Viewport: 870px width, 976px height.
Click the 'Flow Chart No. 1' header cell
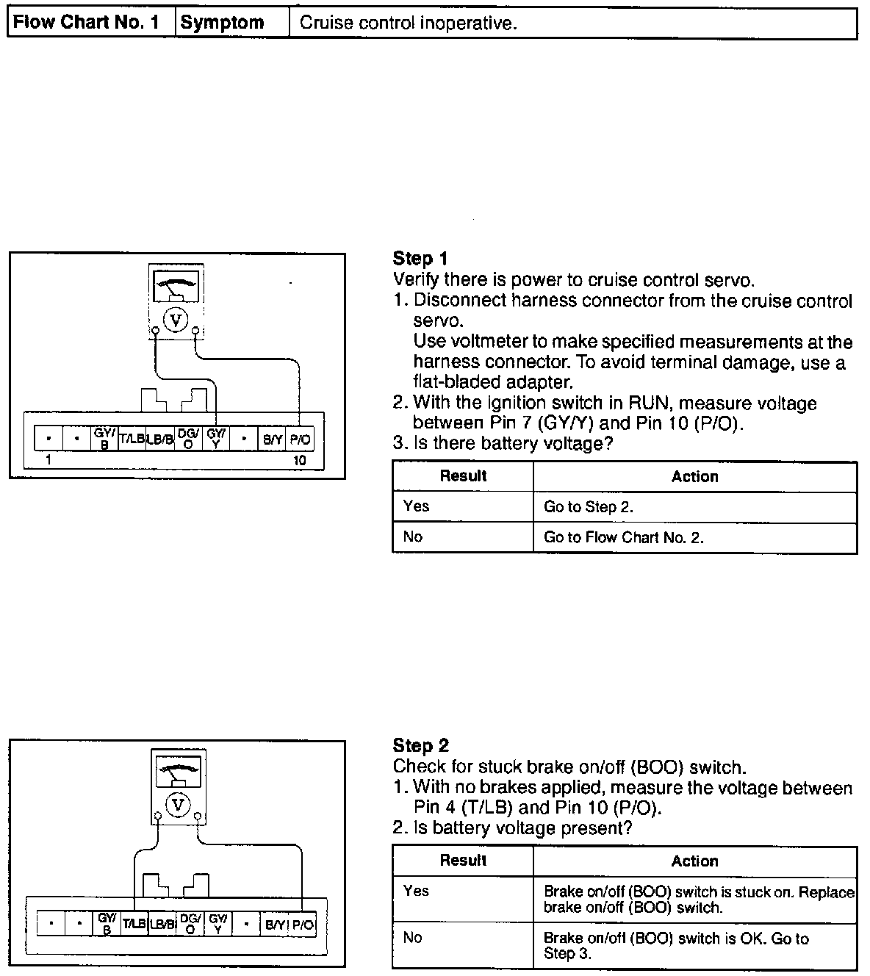click(x=87, y=23)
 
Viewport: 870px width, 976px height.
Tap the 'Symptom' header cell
click(x=222, y=23)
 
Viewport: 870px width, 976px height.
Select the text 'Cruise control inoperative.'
click(x=409, y=23)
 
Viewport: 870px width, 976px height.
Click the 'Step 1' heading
click(x=420, y=259)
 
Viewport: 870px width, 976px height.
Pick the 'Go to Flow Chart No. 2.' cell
click(x=624, y=537)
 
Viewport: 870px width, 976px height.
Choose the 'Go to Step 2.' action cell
click(x=589, y=506)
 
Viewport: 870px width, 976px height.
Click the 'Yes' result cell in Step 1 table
click(x=416, y=506)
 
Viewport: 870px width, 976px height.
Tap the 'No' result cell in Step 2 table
click(x=413, y=937)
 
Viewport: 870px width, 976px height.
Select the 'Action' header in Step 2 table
click(x=694, y=861)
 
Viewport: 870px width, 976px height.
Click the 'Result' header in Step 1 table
click(x=463, y=476)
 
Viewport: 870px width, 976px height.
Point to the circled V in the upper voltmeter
click(x=175, y=320)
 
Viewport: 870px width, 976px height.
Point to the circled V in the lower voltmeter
click(x=177, y=805)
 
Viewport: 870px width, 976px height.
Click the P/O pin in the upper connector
click(x=300, y=439)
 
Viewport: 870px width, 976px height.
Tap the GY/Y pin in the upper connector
click(x=216, y=439)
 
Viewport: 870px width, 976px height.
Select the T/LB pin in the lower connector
click(x=134, y=924)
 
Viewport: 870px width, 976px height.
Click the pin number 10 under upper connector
click(x=300, y=461)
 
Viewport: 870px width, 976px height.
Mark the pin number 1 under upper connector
click(x=48, y=461)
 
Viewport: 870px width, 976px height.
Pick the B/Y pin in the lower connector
click(x=275, y=924)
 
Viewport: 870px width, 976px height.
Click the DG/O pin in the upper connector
click(x=188, y=439)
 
